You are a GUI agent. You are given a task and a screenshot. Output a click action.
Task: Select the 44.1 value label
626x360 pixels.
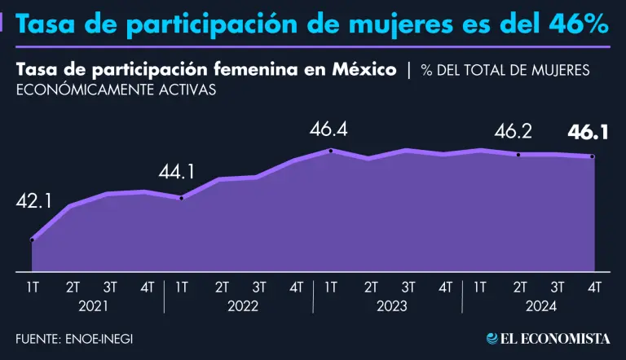coord(177,173)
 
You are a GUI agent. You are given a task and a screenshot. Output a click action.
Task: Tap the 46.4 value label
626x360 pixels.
coord(328,129)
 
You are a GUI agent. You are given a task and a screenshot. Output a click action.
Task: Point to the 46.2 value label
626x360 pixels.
coord(515,131)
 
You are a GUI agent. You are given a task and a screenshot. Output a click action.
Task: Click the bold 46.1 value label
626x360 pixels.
coord(588,131)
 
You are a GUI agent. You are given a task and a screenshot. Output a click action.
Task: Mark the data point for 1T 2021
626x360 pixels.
coord(32,240)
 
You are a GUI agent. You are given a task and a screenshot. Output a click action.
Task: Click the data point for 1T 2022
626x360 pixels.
coord(181,198)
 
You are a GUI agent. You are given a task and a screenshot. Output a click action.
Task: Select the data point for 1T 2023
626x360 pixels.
coord(330,151)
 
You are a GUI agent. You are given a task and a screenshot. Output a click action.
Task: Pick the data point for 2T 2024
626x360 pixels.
coord(518,154)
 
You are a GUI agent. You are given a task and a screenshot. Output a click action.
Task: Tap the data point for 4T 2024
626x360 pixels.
coord(593,156)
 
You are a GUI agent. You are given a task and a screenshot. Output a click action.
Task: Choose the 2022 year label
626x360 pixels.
coord(242,306)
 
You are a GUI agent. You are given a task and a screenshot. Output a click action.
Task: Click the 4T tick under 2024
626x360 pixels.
coord(594,287)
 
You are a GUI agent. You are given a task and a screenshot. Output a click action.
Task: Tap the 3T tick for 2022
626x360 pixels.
coord(259,287)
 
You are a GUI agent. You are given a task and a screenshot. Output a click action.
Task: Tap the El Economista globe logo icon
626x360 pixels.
coord(492,338)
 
